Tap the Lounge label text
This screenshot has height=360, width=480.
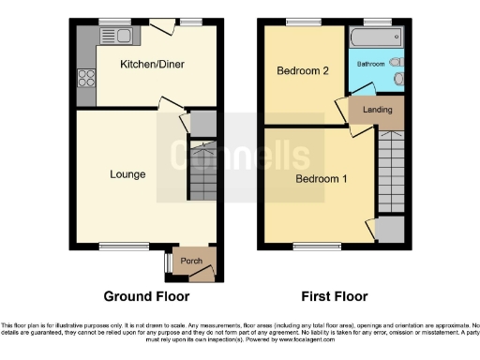pyautogui.click(x=127, y=173)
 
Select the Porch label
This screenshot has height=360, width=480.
pyautogui.click(x=191, y=261)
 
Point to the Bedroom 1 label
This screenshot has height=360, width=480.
pyautogui.click(x=322, y=178)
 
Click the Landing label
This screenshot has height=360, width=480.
pyautogui.click(x=377, y=111)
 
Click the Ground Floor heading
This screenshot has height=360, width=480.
pyautogui.click(x=146, y=296)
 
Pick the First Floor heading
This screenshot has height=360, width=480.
pyautogui.click(x=333, y=296)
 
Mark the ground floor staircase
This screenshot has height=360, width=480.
pyautogui.click(x=202, y=170)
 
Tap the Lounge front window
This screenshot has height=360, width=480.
pyautogui.click(x=119, y=247)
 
